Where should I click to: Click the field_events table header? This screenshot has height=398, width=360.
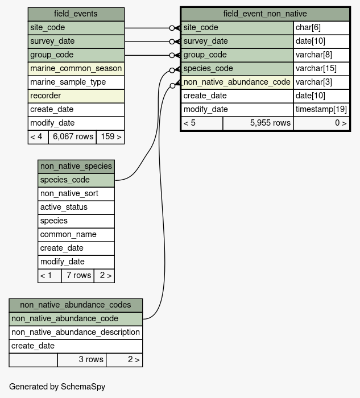pyautogui.click(x=76, y=14)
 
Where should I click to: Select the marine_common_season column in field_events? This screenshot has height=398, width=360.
pyautogui.click(x=76, y=69)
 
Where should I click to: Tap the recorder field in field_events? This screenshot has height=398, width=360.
pyautogui.click(x=76, y=96)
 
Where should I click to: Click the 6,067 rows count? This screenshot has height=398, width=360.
pyautogui.click(x=73, y=137)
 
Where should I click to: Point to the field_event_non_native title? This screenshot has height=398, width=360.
pyautogui.click(x=265, y=14)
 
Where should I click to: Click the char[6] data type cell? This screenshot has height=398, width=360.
pyautogui.click(x=321, y=28)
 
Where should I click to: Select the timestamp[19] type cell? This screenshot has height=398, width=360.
pyautogui.click(x=321, y=110)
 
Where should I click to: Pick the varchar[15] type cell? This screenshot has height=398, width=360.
pyautogui.click(x=321, y=69)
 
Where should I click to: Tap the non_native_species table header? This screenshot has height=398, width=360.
pyautogui.click(x=76, y=167)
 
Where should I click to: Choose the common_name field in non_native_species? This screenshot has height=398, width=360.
pyautogui.click(x=76, y=234)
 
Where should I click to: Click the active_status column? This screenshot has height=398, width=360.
pyautogui.click(x=76, y=208)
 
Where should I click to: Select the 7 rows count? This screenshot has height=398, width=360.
pyautogui.click(x=78, y=275)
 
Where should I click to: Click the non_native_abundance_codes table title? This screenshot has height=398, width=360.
pyautogui.click(x=76, y=305)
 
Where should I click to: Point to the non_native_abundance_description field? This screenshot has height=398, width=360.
pyautogui.click(x=76, y=333)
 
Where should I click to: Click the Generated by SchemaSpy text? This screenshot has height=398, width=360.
pyautogui.click(x=57, y=387)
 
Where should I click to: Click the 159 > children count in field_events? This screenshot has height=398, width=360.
pyautogui.click(x=111, y=137)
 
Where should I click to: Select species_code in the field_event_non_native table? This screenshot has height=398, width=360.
pyautogui.click(x=237, y=69)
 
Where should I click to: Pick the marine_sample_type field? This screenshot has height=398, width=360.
pyautogui.click(x=76, y=82)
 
